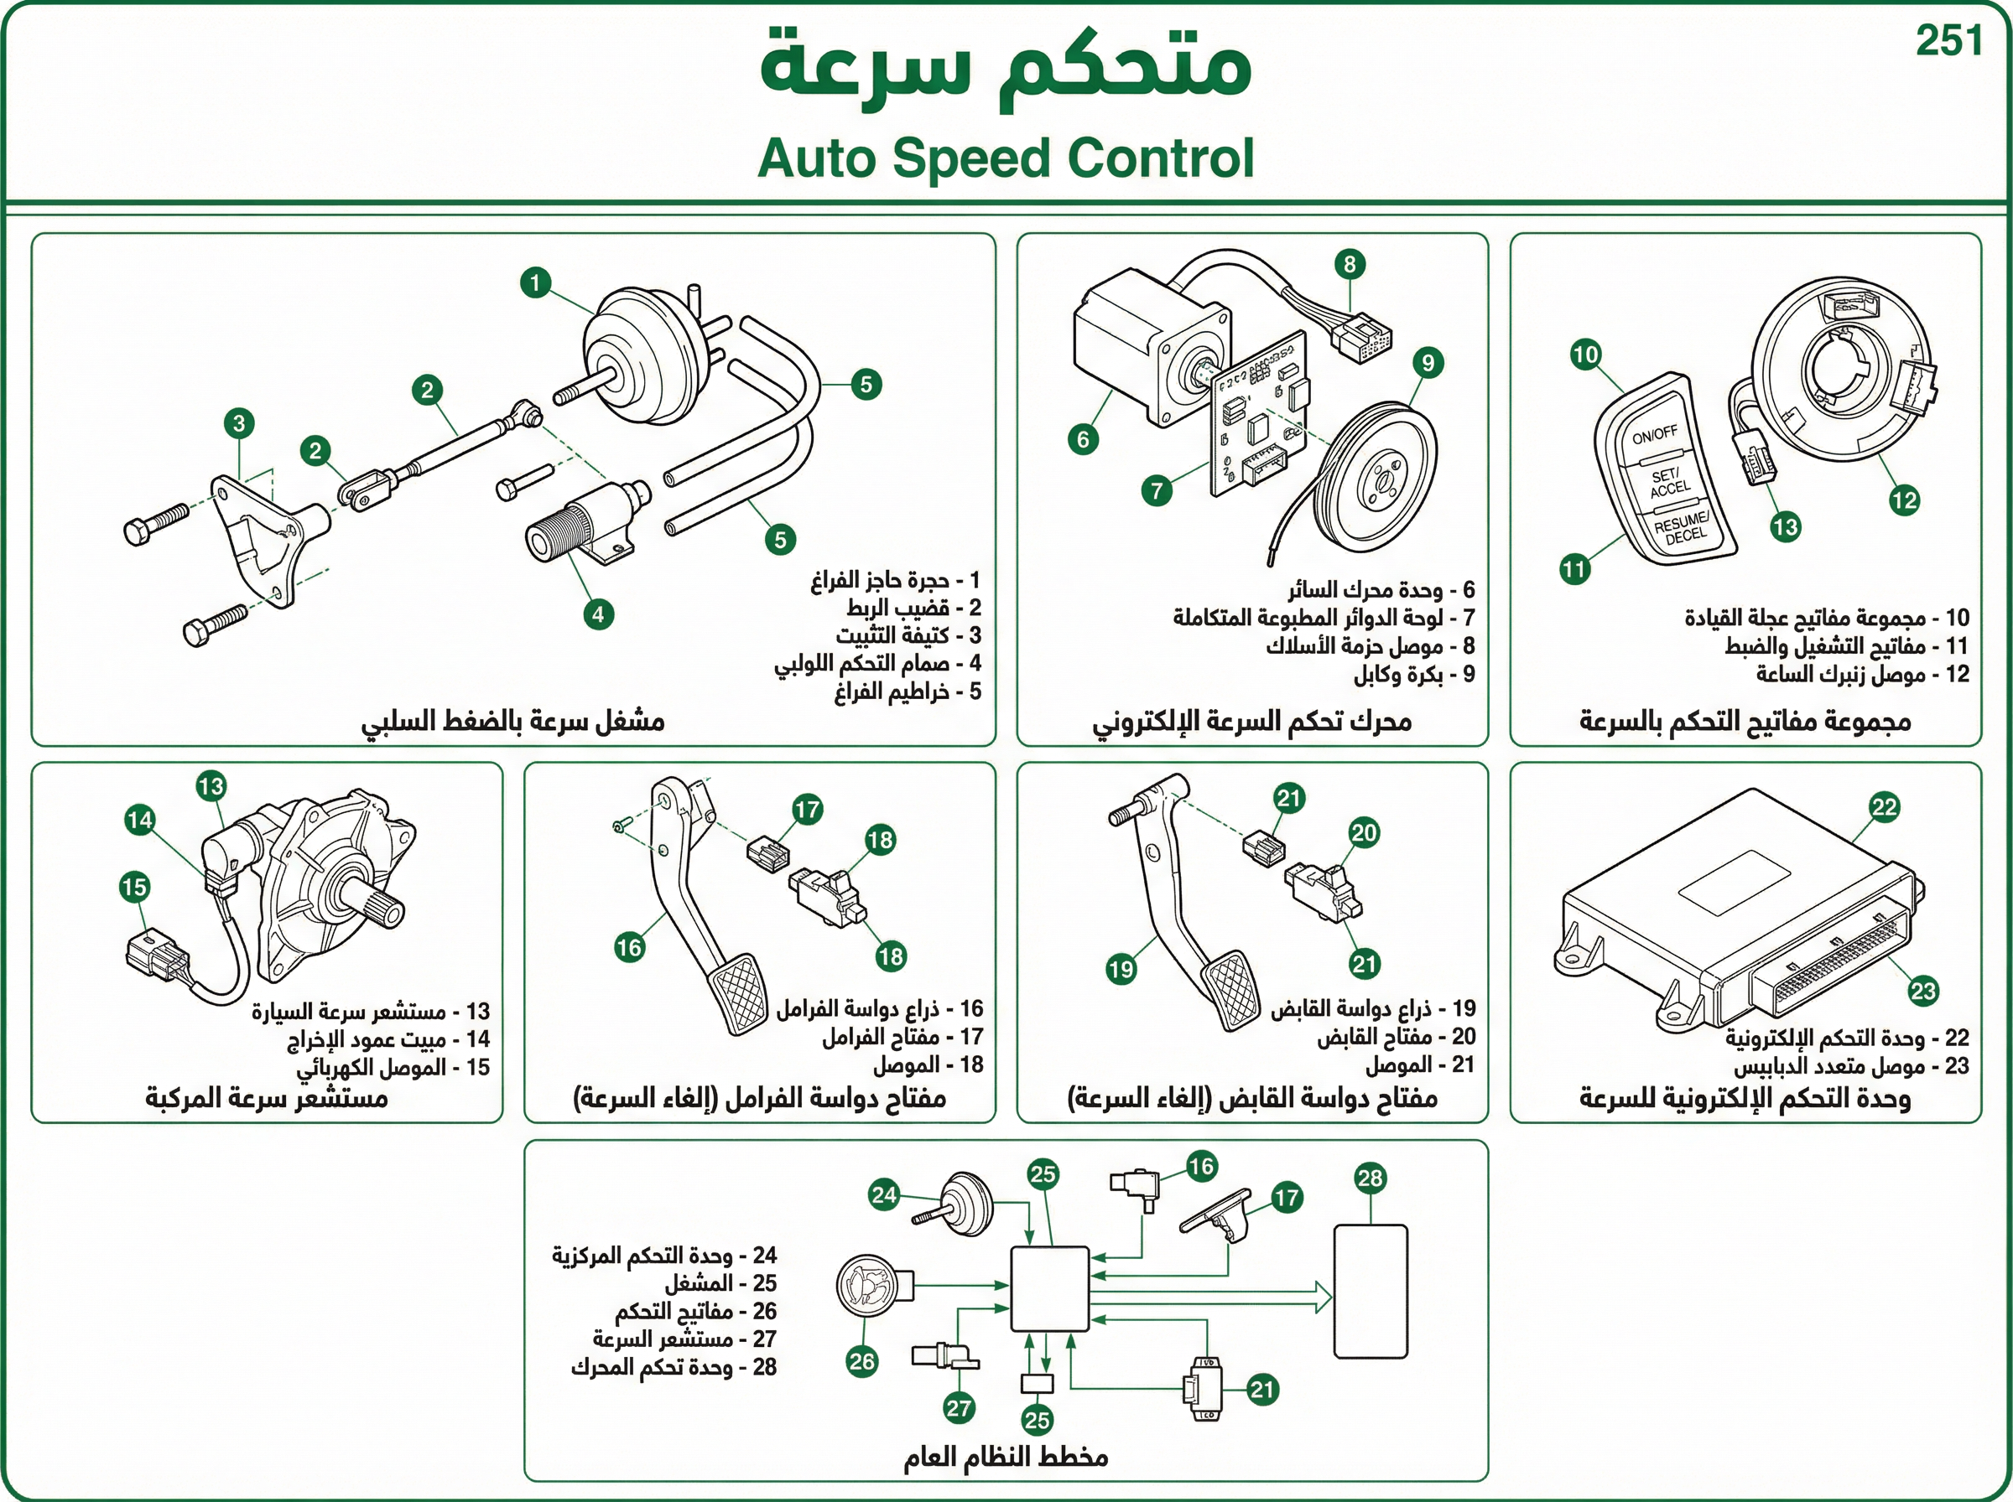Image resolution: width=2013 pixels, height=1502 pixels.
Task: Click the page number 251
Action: [x=1948, y=41]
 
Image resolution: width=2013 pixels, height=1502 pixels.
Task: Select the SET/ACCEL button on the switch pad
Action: [x=1667, y=483]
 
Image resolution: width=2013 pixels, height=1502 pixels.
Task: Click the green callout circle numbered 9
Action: [x=1428, y=364]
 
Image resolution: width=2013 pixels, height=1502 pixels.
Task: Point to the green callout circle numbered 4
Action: [x=598, y=614]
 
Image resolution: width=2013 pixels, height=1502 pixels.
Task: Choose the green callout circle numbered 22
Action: [x=1884, y=807]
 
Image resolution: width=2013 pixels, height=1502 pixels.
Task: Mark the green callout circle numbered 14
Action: [x=139, y=820]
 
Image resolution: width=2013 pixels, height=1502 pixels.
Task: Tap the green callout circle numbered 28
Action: [x=1370, y=1179]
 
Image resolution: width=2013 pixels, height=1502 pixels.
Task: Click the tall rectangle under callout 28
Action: [x=1370, y=1292]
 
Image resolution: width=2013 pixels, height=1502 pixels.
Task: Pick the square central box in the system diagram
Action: [x=1050, y=1289]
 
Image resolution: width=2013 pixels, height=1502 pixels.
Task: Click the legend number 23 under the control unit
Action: [x=1956, y=1065]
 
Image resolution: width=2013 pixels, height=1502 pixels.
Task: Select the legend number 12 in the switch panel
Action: [x=1957, y=674]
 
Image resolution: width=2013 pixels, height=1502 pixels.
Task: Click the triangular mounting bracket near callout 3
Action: [x=257, y=536]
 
